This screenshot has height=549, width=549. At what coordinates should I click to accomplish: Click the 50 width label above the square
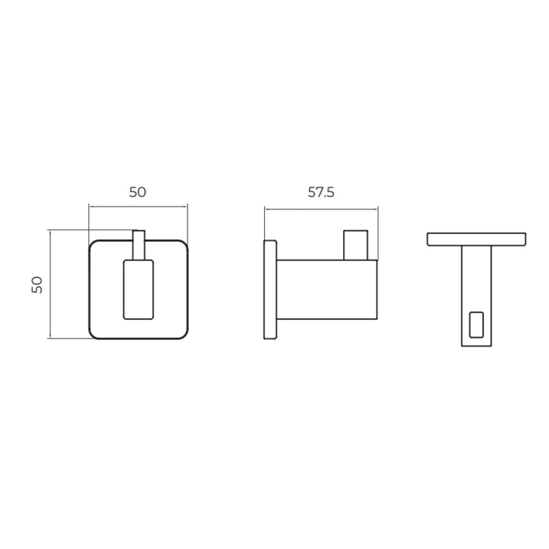point(138,192)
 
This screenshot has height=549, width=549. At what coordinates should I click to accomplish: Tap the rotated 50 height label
point(37,284)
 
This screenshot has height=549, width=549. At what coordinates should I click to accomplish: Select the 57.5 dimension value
point(321,192)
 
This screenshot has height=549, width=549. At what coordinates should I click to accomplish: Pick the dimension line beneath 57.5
point(321,208)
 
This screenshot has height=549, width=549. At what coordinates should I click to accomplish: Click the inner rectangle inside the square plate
point(138,289)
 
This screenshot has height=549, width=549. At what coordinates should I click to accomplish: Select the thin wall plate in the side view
point(270,289)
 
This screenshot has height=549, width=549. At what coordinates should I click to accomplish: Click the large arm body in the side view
point(327,289)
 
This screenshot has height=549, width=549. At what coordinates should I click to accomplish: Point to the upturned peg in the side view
point(355,245)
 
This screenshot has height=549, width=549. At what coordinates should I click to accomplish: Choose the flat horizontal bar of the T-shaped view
point(476,239)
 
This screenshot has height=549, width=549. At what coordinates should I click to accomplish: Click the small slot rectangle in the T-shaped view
point(477,324)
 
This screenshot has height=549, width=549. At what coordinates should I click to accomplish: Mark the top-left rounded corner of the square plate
point(93,244)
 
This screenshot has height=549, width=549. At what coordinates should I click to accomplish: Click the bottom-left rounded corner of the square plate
point(93,334)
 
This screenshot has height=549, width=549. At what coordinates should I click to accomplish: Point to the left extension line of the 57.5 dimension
point(265,222)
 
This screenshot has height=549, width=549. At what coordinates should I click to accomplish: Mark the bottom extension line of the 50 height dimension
point(69,339)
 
